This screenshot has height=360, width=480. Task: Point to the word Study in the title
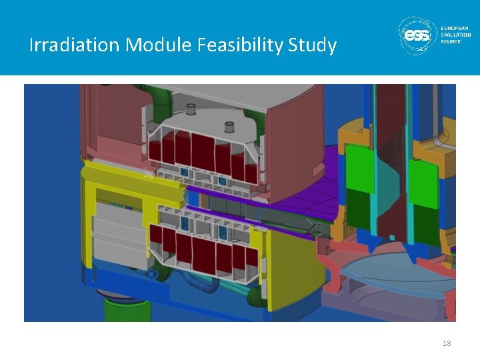pos(313,45)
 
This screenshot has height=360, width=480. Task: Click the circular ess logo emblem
pos(418,35)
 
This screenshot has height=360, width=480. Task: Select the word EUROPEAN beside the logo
pos(456,28)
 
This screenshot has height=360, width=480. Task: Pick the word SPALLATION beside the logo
pos(456,35)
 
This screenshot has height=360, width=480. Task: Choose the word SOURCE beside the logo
pos(451,41)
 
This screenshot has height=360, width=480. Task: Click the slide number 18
pos(447,343)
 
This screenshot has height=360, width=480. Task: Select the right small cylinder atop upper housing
pos(231,127)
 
